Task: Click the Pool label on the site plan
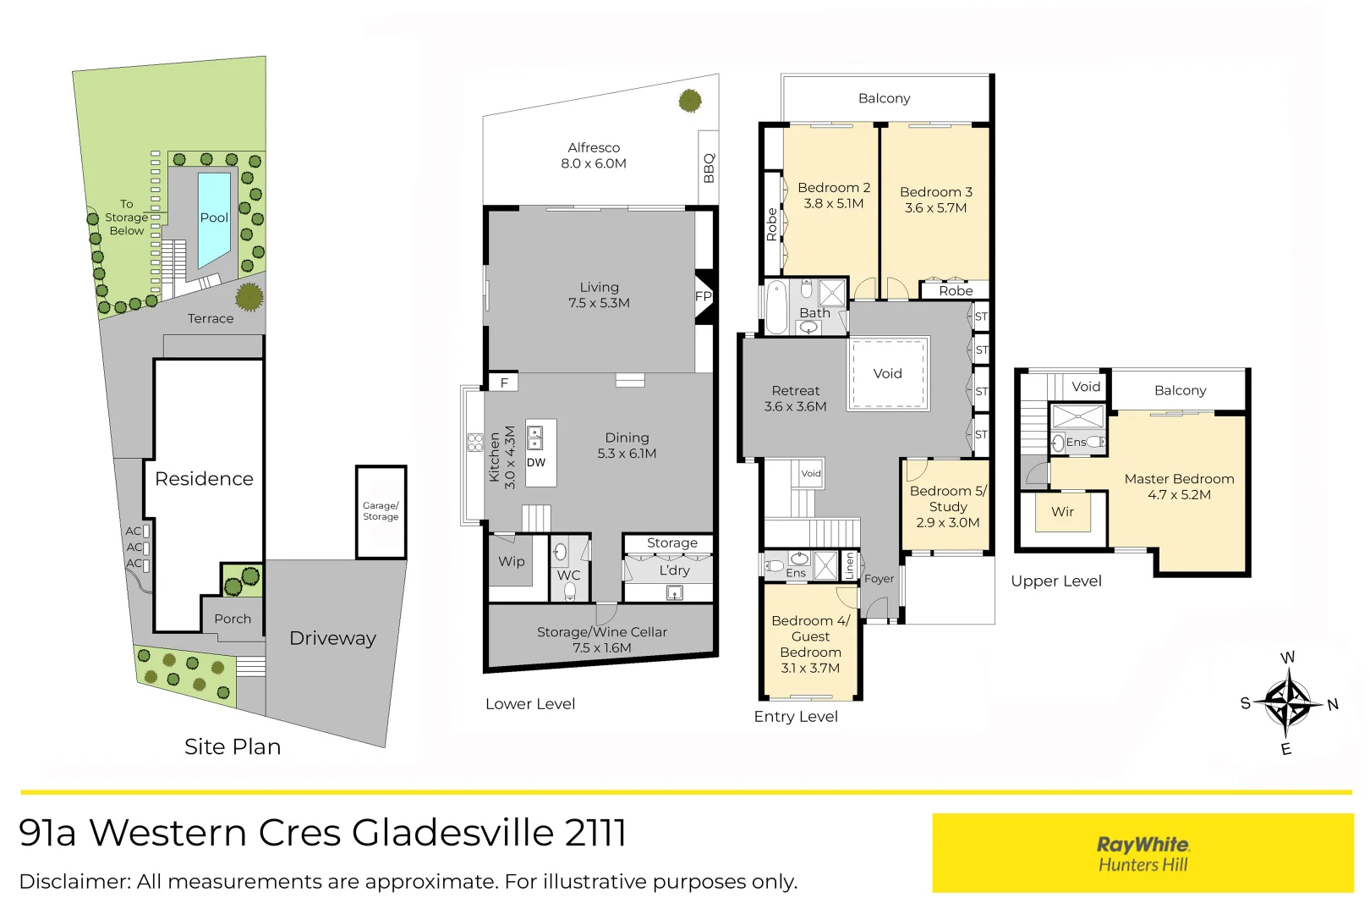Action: (214, 218)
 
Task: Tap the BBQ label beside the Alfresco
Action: (709, 168)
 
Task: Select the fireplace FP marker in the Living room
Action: (704, 296)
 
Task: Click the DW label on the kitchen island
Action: (536, 463)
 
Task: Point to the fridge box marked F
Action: (503, 383)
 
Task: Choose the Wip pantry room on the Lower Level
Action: (512, 561)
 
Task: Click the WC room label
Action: (568, 575)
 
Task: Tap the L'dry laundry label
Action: (674, 570)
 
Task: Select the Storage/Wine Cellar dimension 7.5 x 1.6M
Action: (602, 647)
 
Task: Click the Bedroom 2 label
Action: (834, 188)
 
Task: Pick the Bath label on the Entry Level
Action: (814, 313)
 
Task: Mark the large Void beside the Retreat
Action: (887, 373)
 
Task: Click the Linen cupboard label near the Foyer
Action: (850, 565)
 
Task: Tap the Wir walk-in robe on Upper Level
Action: (1062, 512)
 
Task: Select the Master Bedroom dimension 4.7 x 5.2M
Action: (1179, 494)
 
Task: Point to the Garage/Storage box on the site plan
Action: (381, 512)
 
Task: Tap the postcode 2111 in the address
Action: (595, 833)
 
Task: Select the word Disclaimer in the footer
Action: (75, 882)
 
